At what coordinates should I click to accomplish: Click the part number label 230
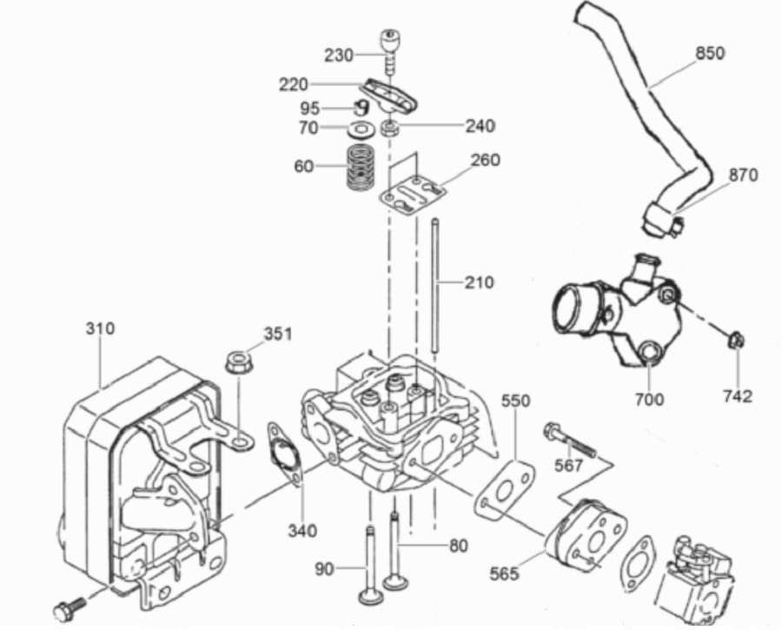[x=339, y=55]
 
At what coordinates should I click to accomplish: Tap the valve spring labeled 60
[x=362, y=167]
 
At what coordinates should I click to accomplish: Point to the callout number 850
[x=710, y=53]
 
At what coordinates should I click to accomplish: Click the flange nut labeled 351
[x=238, y=361]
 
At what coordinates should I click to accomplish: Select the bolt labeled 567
[x=569, y=439]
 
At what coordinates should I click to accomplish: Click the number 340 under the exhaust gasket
[x=302, y=531]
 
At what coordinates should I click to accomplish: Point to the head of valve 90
[x=370, y=596]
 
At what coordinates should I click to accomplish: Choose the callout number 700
[x=649, y=399]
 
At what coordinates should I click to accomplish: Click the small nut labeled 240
[x=389, y=129]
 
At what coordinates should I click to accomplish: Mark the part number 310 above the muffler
[x=100, y=328]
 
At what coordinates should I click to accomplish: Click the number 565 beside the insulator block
[x=504, y=574]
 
